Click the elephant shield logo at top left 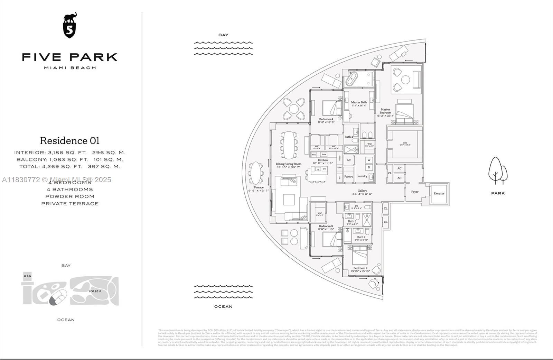tap(69, 26)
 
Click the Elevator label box tap(439, 194)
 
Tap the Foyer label tap(415, 192)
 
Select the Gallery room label tap(362, 191)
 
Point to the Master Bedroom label tap(385, 111)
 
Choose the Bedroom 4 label tap(326, 119)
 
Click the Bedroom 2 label tap(360, 268)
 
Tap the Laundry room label tap(362, 176)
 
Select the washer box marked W tap(369, 160)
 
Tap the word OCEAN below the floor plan tap(223, 307)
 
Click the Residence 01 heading tap(69, 141)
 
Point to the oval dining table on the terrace tap(256, 173)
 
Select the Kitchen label tap(322, 160)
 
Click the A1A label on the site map tap(27, 276)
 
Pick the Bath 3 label tap(352, 221)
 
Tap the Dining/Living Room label tap(289, 164)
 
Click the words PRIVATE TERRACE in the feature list tap(70, 204)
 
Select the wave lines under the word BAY tap(223, 48)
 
